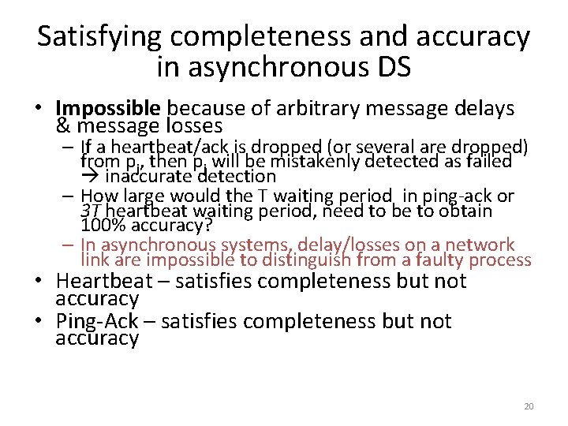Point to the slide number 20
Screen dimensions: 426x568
(x=529, y=406)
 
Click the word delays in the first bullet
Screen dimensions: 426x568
(x=485, y=108)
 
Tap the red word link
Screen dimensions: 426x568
(x=95, y=260)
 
